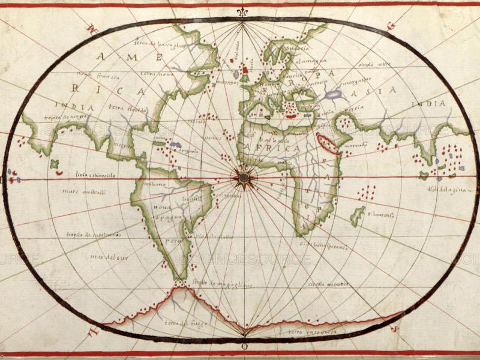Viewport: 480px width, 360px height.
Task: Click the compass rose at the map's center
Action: tap(244, 177)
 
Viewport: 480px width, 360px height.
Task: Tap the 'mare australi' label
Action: tap(83, 192)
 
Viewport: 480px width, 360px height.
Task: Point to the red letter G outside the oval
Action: tap(392, 26)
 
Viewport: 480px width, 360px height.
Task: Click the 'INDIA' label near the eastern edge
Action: tap(428, 104)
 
